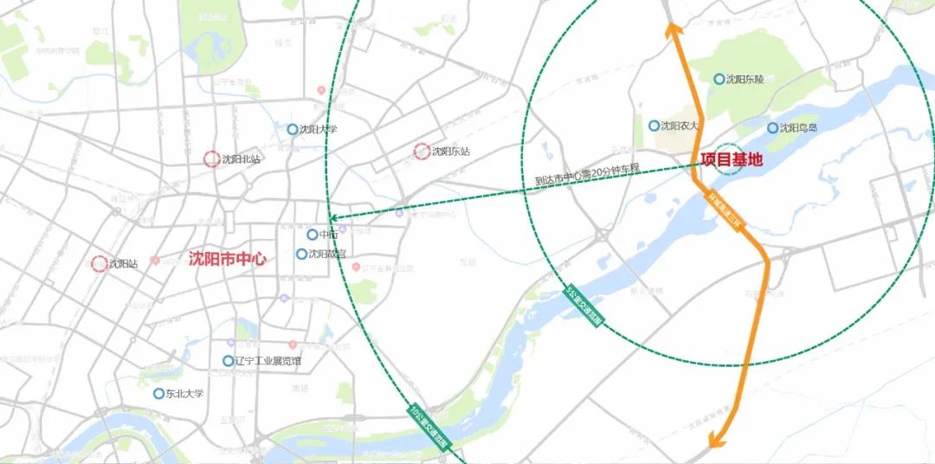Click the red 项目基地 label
pyautogui.click(x=732, y=159)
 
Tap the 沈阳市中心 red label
pyautogui.click(x=227, y=259)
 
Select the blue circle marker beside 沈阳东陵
pyautogui.click(x=719, y=79)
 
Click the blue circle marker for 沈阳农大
pyautogui.click(x=654, y=126)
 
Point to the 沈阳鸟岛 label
pyautogui.click(x=797, y=128)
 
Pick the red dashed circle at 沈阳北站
pyautogui.click(x=211, y=159)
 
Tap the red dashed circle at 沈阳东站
pyautogui.click(x=422, y=151)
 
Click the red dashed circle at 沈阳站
pyautogui.click(x=99, y=263)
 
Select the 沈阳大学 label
pyautogui.click(x=318, y=130)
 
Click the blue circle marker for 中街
pyautogui.click(x=312, y=235)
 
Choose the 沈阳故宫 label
pyautogui.click(x=327, y=255)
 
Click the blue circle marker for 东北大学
pyautogui.click(x=158, y=394)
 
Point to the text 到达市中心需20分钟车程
pyautogui.click(x=586, y=175)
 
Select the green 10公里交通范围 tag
pyautogui.click(x=430, y=423)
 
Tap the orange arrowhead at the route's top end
pyautogui.click(x=670, y=29)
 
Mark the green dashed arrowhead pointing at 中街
pyautogui.click(x=333, y=219)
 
